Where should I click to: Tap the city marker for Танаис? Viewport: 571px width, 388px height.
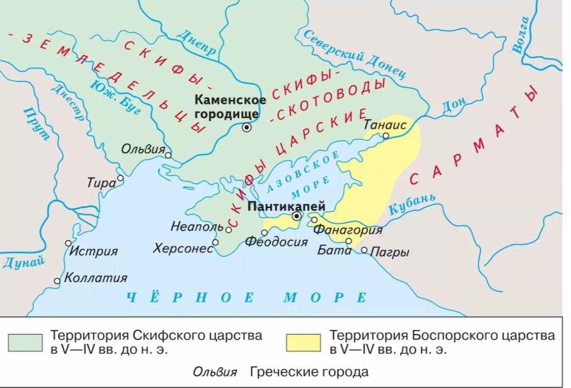tap(386, 136)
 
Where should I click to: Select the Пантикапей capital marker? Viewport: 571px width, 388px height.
tap(297, 216)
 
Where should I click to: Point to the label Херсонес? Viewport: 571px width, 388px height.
tap(183, 248)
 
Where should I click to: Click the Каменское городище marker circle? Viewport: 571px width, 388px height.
tap(246, 127)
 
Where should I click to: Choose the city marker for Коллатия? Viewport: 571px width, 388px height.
tap(57, 281)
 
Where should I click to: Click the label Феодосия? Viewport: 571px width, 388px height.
tap(276, 242)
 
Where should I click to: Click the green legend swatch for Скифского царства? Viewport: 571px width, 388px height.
tap(25, 342)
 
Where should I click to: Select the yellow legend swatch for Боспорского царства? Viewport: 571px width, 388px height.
tap(303, 342)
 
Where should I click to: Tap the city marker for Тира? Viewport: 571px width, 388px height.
tap(120, 178)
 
